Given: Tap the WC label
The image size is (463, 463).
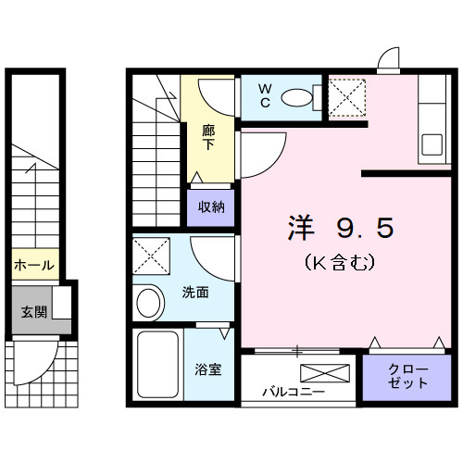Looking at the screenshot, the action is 265,96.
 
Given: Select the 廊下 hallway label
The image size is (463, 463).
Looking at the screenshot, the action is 208,138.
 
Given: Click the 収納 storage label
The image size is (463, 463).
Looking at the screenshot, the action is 211,206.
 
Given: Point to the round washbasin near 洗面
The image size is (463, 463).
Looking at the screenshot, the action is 148,303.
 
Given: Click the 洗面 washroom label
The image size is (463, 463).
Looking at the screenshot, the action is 195,292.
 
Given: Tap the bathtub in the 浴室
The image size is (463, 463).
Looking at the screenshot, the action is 157,365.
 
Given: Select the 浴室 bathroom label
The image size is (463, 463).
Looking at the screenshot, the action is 208,369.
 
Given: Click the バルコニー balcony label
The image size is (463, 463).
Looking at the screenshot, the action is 294,392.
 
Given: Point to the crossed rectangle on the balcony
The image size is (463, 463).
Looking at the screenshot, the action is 325,373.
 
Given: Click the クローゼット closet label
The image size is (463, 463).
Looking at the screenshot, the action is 408,376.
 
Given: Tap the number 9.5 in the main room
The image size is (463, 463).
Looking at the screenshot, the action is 366,228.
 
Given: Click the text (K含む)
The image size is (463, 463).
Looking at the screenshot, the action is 340,263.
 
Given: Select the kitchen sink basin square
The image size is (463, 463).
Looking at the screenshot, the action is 432,144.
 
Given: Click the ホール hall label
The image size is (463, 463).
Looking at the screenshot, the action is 34,265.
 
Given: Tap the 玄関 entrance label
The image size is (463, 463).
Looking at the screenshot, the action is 34,312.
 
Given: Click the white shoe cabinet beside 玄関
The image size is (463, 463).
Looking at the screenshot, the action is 62,303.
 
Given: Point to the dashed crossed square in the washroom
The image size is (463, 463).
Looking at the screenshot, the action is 151,256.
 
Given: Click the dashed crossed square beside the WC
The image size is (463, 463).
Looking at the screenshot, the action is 347,97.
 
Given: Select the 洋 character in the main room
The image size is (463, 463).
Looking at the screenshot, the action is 301,228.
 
